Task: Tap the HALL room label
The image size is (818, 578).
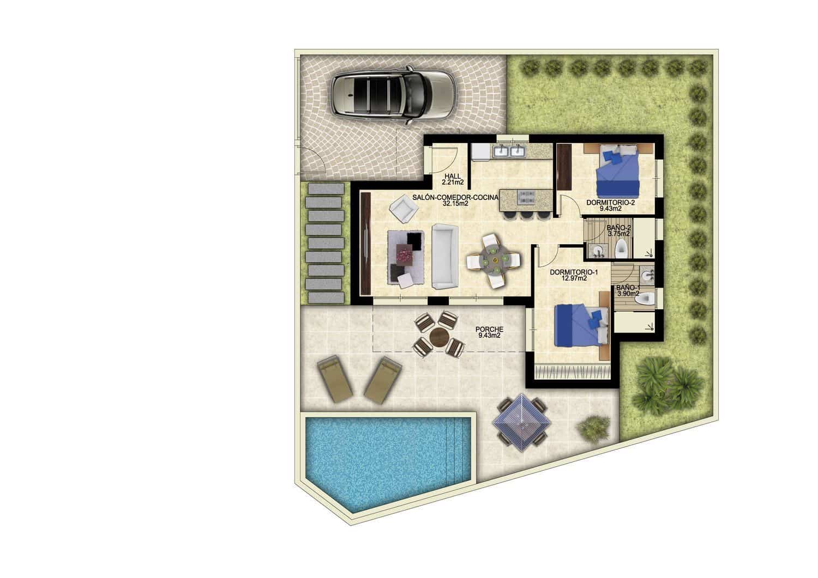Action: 453,176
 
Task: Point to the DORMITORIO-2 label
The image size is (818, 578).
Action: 611,202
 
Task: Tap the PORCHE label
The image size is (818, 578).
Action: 489,329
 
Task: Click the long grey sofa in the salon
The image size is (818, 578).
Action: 444,256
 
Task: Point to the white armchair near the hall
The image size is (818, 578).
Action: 403,209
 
